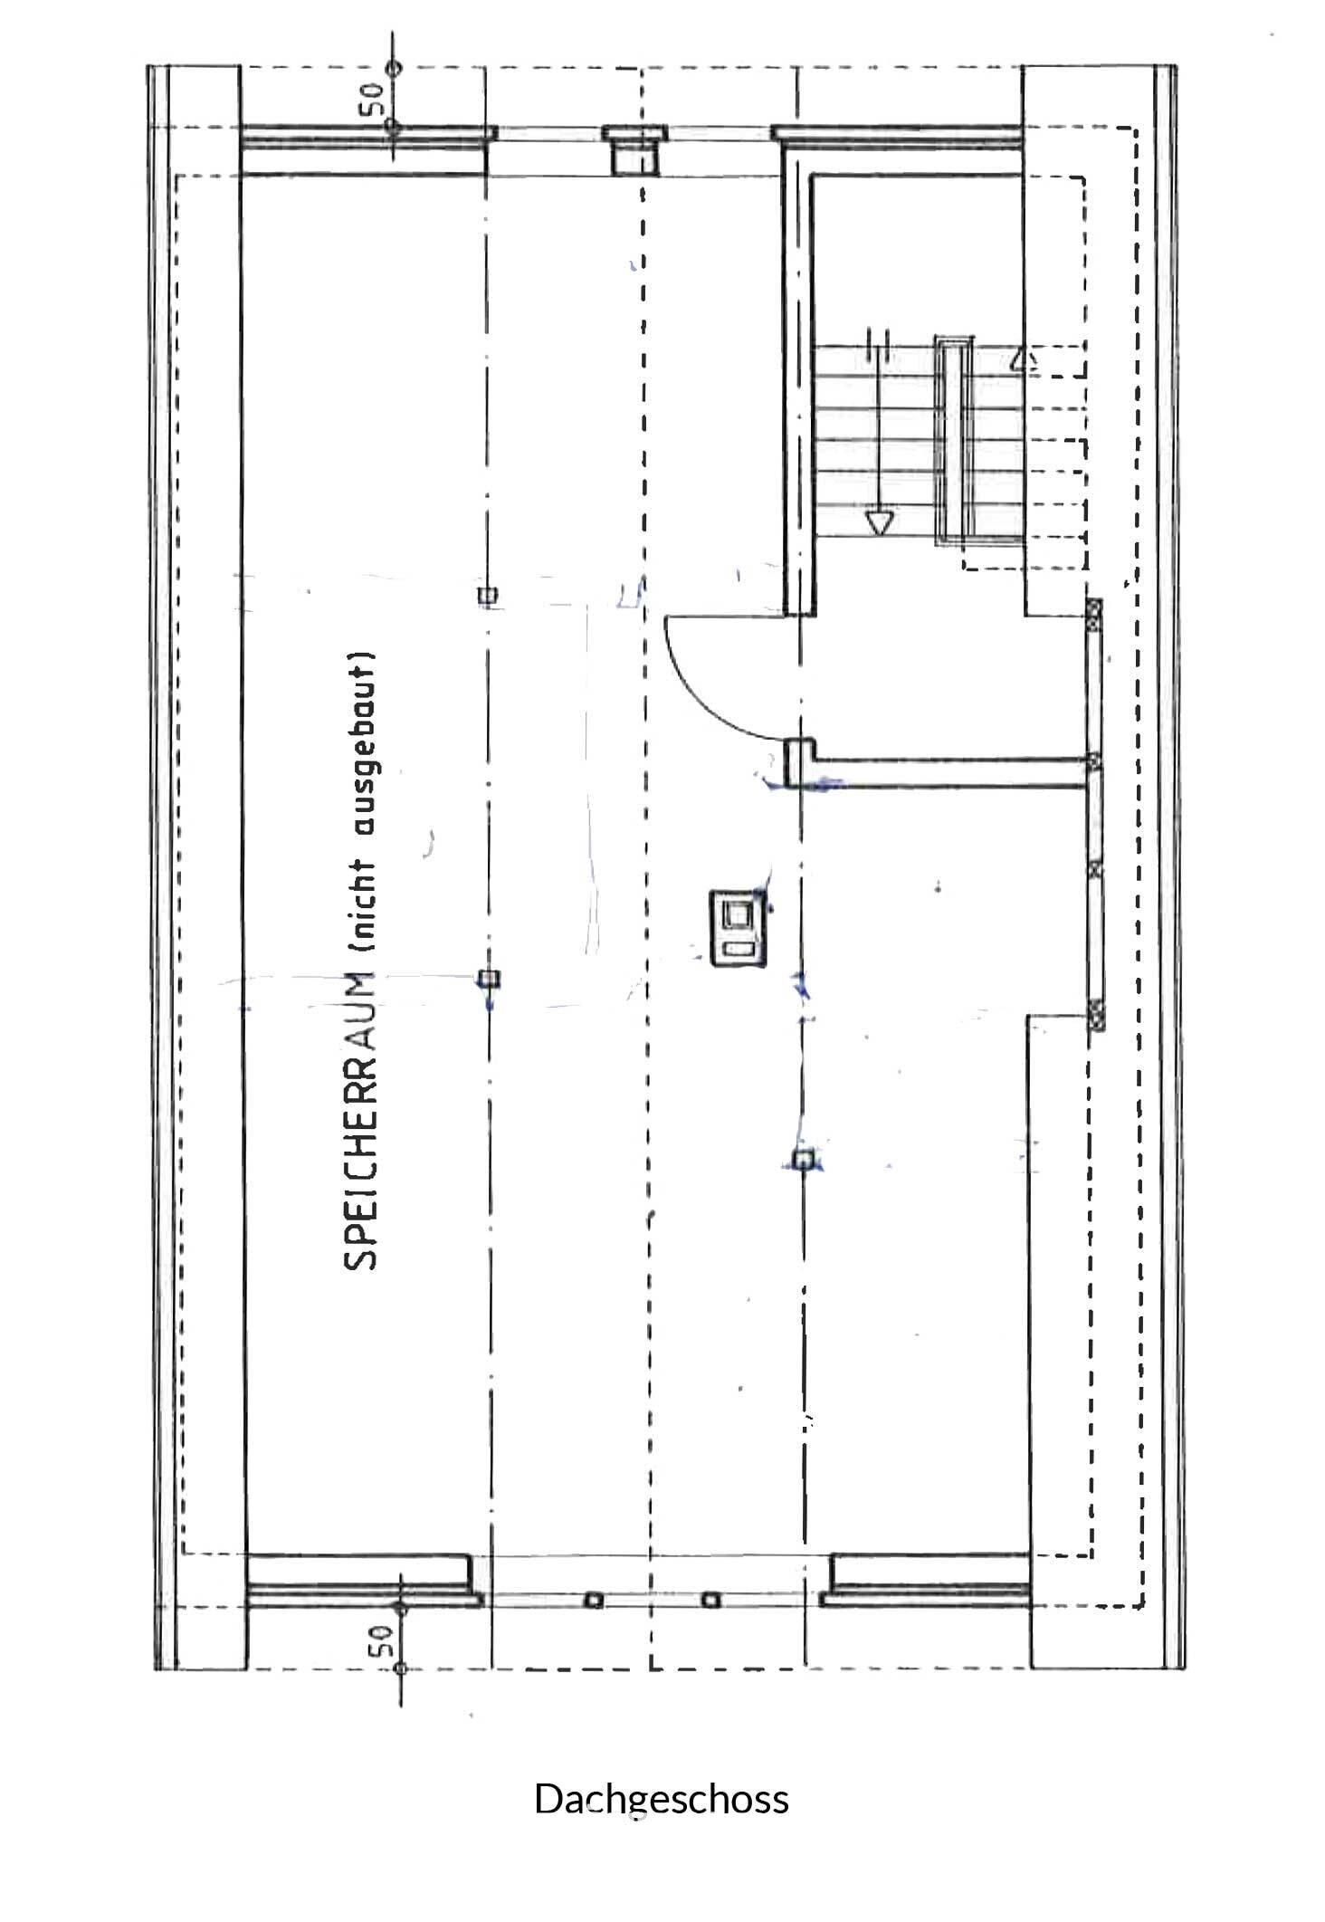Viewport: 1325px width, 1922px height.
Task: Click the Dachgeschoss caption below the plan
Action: (x=662, y=1799)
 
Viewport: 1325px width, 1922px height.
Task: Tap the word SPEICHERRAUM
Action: (x=360, y=1120)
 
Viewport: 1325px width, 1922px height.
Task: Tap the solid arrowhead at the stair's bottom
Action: (x=879, y=523)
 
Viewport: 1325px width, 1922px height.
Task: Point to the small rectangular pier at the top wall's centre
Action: (x=633, y=148)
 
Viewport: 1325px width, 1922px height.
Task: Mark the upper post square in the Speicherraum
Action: (x=487, y=595)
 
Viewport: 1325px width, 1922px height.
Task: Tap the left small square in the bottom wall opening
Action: (x=594, y=1600)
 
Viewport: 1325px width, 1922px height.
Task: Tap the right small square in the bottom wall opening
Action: (x=712, y=1600)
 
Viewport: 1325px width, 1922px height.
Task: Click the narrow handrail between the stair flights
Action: (x=950, y=440)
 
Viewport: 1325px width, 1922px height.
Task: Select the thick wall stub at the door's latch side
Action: (x=799, y=762)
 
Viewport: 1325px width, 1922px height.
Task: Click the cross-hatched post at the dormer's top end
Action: (x=1094, y=615)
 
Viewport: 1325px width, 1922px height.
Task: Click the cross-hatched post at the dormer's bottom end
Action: (x=1095, y=1014)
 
